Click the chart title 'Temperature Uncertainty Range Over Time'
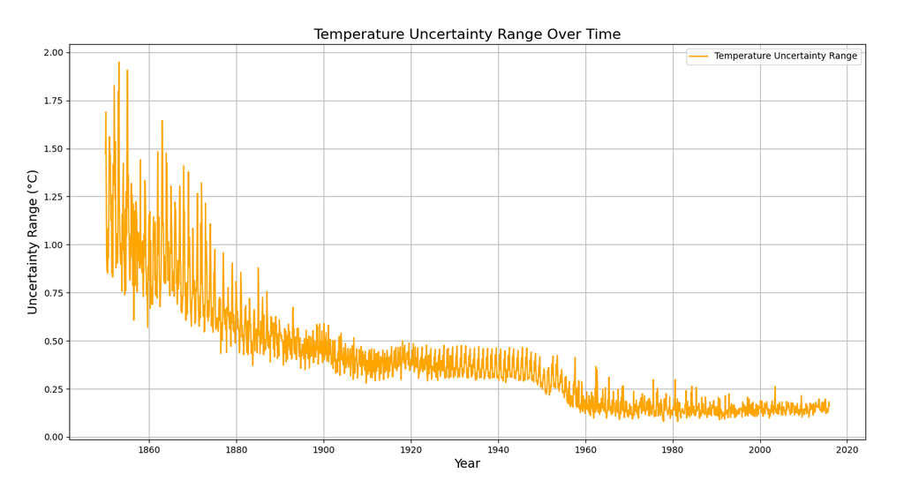[467, 34]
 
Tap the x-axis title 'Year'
[467, 463]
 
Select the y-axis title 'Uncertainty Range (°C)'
[33, 242]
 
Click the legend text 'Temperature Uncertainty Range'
[785, 56]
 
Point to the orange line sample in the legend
[698, 56]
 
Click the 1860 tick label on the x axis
[148, 449]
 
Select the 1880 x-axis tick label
[237, 449]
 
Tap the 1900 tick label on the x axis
[323, 449]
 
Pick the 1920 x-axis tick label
[411, 449]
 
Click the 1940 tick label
[498, 449]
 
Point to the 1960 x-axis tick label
[586, 449]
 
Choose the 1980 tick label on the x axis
[673, 449]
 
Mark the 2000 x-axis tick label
[760, 449]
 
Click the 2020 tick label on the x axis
[847, 449]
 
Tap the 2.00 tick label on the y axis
[53, 52]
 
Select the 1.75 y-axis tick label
[53, 101]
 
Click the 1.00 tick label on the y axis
[53, 244]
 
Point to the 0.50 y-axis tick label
[53, 341]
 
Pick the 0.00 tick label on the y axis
[53, 437]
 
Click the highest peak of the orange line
[119, 62]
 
